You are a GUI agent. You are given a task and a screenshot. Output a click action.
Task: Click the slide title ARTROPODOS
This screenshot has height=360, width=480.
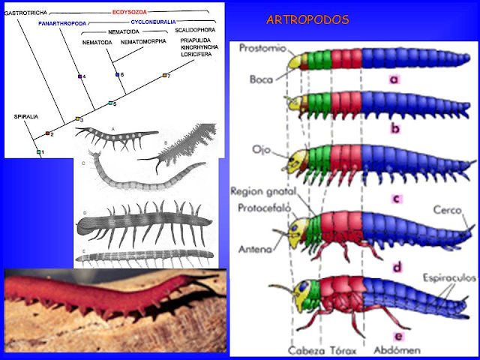click(x=307, y=19)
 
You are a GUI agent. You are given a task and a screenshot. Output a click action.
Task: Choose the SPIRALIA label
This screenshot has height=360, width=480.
click(x=26, y=117)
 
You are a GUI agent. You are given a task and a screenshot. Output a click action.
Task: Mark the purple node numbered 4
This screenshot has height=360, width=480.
click(x=79, y=76)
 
